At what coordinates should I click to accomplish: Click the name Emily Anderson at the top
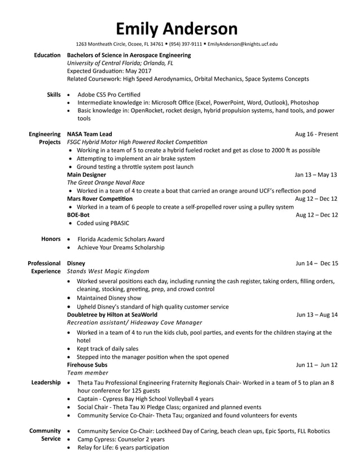(177, 28)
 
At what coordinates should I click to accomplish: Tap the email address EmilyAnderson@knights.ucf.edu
(242, 44)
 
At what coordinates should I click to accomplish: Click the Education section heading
(47, 55)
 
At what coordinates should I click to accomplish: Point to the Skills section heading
(54, 95)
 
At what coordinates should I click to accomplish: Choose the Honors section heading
(51, 239)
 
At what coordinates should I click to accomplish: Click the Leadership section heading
(46, 383)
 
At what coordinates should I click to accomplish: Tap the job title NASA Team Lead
(89, 134)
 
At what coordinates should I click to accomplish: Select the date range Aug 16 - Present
(317, 134)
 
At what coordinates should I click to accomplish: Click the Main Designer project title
(86, 175)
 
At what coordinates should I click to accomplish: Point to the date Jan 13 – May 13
(316, 175)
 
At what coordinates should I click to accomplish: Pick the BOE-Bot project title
(78, 215)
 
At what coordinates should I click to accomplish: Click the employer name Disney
(76, 263)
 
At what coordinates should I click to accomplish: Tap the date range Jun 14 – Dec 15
(317, 263)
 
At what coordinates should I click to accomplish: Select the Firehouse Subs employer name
(87, 364)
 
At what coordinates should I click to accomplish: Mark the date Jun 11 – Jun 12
(317, 364)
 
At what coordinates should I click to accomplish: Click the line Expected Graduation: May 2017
(109, 71)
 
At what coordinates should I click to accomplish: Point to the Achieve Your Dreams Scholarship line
(121, 247)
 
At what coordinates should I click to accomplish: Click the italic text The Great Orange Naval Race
(106, 183)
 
